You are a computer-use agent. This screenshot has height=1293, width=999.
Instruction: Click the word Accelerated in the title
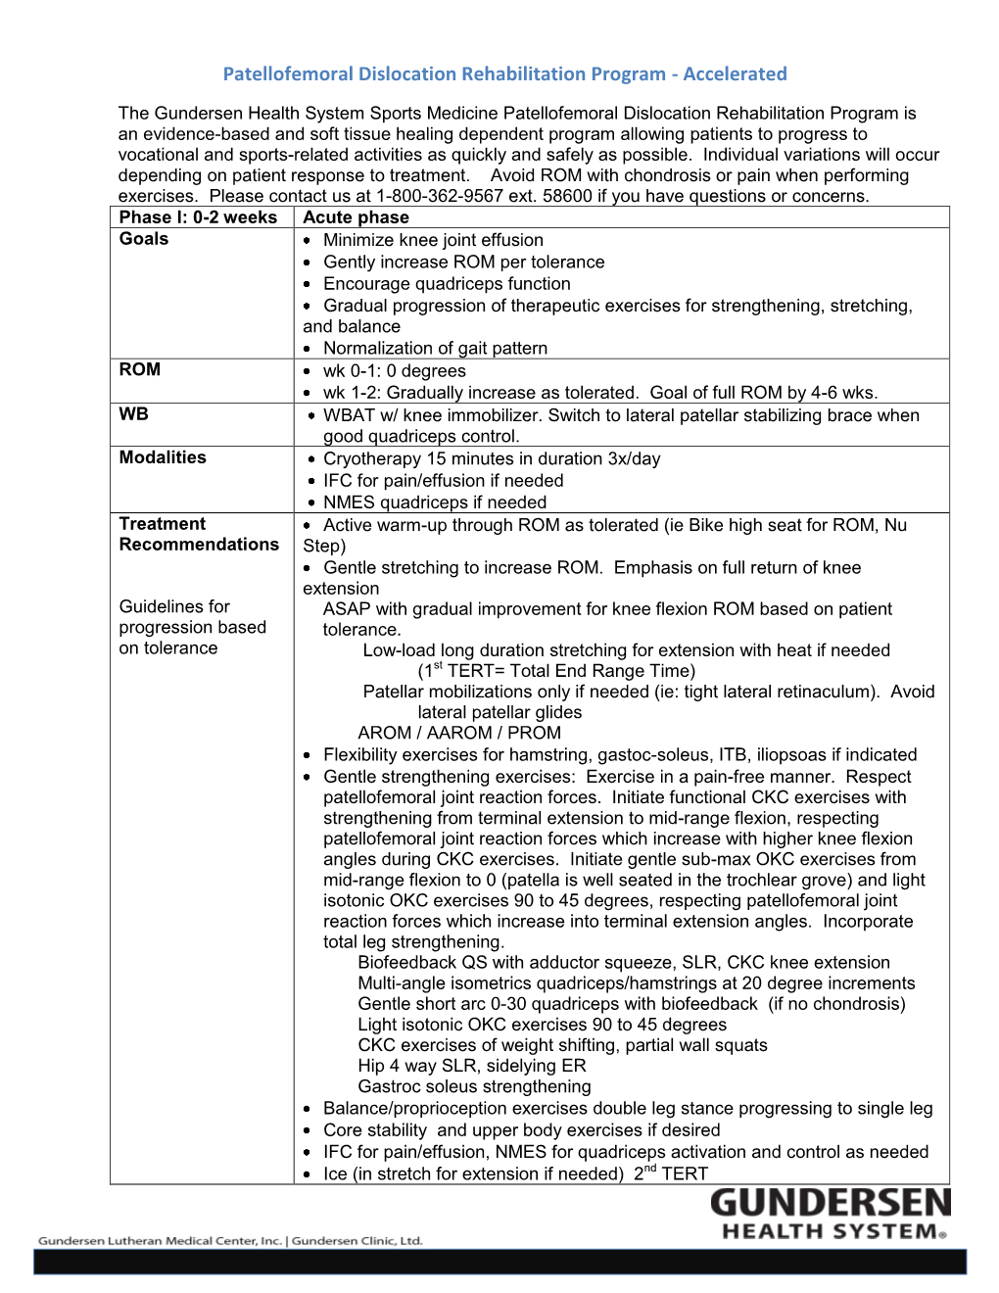(x=735, y=73)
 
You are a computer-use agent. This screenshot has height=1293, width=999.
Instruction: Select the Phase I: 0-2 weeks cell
(x=198, y=217)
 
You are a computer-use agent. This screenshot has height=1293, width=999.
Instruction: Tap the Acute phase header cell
(x=357, y=217)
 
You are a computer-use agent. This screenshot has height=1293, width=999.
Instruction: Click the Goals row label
(x=144, y=239)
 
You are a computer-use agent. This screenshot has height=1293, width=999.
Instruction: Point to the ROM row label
(x=140, y=369)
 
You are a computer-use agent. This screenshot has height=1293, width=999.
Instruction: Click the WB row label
(x=134, y=414)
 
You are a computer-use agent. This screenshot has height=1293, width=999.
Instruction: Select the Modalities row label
(x=163, y=457)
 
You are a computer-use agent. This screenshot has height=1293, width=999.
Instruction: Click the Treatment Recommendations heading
(x=199, y=534)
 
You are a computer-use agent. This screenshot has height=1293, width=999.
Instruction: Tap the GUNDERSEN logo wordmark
(x=830, y=1204)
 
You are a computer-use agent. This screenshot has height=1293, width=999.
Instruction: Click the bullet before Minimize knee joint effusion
(x=308, y=241)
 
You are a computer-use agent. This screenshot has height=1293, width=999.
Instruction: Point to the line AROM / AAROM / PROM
(x=459, y=733)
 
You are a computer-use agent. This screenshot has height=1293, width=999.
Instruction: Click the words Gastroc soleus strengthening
(x=474, y=1086)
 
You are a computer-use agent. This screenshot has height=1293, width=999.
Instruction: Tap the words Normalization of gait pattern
(x=435, y=348)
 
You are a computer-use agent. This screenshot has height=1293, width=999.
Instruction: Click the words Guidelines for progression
(x=192, y=617)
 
